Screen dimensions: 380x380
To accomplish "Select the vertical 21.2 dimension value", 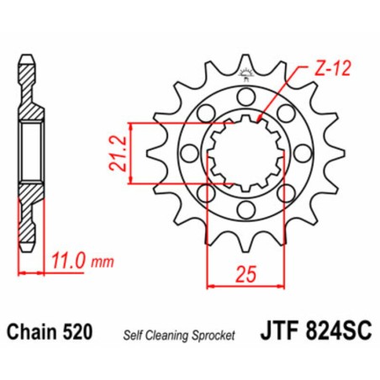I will point(118,151).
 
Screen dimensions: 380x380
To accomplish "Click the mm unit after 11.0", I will point(103,262).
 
